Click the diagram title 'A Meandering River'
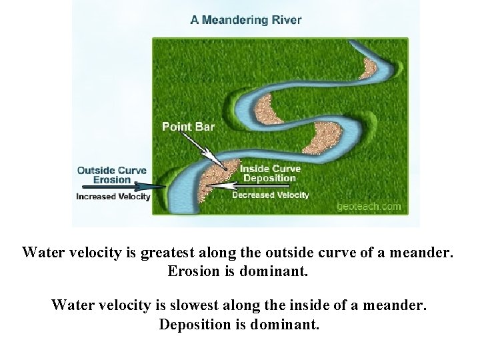pyautogui.click(x=245, y=19)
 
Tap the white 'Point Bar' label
pyautogui.click(x=188, y=126)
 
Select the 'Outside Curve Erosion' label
pyautogui.click(x=111, y=175)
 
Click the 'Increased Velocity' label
pyautogui.click(x=113, y=196)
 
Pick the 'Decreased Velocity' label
pyautogui.click(x=270, y=195)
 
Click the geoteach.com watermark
pyautogui.click(x=369, y=206)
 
